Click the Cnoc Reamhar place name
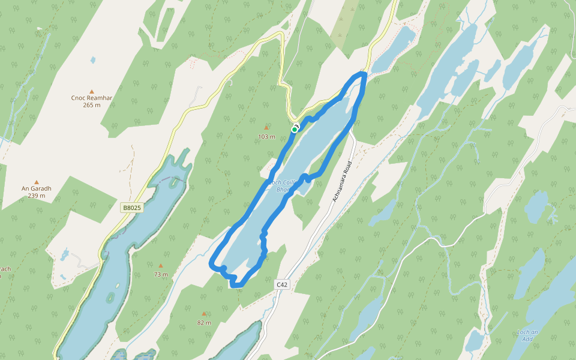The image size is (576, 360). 92,98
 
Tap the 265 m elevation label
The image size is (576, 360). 92,105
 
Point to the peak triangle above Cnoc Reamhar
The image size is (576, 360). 92,91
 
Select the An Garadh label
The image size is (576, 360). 37,188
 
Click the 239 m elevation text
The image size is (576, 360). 37,196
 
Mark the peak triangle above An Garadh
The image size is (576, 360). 37,181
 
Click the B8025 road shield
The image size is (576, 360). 131,208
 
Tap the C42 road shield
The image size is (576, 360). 283,284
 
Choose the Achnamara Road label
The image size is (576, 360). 341,181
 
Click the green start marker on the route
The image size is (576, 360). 295,129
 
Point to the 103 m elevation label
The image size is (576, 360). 266,137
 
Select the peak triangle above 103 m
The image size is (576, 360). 266,128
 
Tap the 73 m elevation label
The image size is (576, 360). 160,275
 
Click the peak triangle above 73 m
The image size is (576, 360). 160,266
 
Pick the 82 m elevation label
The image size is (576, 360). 204,323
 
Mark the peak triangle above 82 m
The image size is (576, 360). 204,314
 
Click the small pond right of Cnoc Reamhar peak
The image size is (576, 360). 92,60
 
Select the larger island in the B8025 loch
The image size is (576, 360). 110,297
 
